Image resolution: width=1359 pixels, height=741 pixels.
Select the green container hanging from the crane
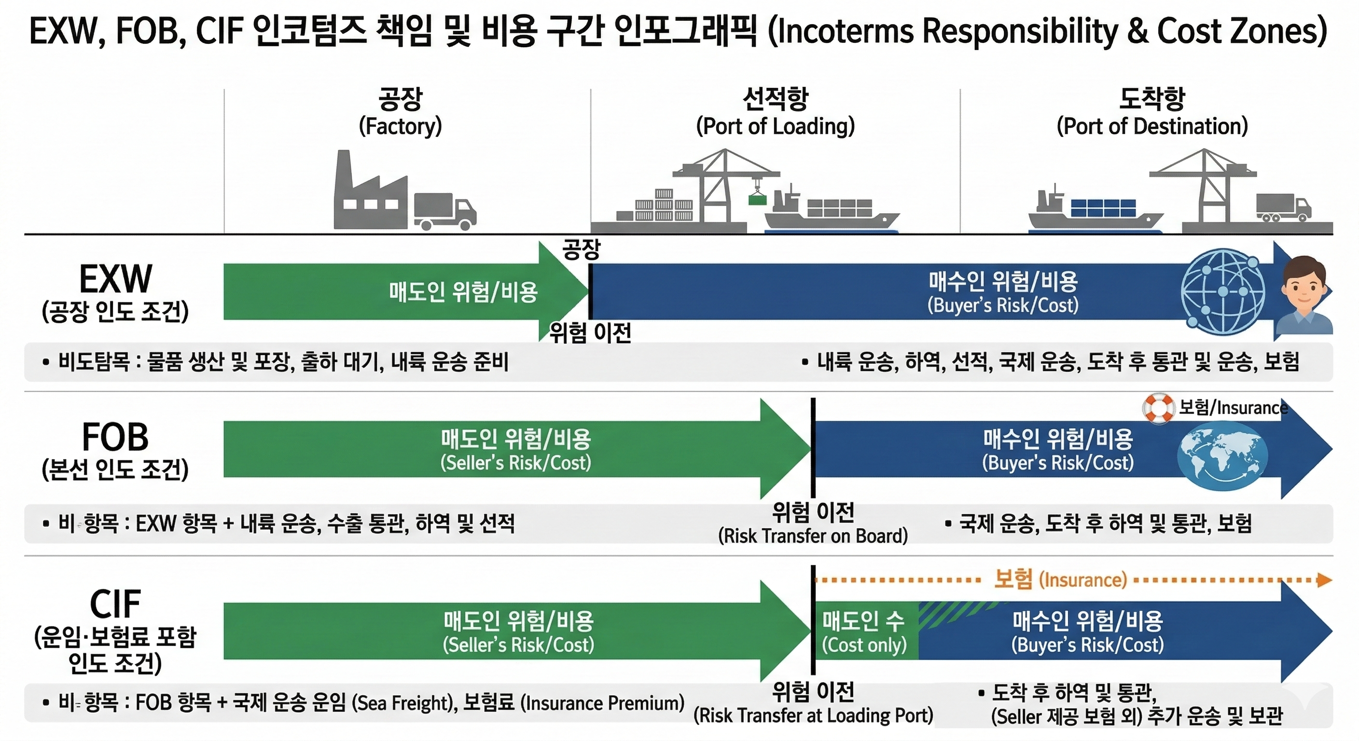(757, 199)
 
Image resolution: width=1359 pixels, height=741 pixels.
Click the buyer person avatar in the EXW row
(1305, 295)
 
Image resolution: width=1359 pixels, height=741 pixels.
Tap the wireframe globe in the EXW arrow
(1223, 292)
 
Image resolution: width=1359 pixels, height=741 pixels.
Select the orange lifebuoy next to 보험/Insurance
(1158, 408)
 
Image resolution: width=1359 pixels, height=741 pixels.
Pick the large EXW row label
(115, 279)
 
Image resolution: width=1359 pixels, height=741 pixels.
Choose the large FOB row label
(115, 437)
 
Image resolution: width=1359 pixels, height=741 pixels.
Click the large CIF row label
(115, 604)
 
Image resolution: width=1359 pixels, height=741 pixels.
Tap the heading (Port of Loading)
(775, 126)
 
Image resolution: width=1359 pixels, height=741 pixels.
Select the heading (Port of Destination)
(1152, 126)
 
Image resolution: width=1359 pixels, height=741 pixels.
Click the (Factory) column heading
(400, 126)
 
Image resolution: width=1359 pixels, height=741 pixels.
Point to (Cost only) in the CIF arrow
(864, 645)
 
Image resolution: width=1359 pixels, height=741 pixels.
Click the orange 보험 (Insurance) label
(1060, 579)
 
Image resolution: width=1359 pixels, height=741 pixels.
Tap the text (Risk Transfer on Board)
(813, 536)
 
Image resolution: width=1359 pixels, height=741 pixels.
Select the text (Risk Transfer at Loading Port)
(813, 716)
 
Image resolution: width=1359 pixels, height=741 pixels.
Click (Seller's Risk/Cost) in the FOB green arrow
(515, 463)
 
